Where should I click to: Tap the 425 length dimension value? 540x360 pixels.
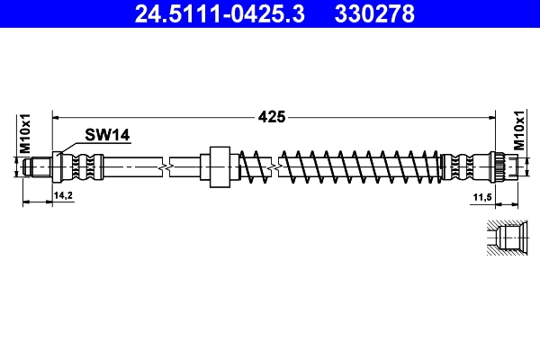[x=273, y=116]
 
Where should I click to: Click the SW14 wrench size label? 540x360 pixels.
[x=107, y=135]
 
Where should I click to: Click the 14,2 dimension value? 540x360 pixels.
[x=62, y=194]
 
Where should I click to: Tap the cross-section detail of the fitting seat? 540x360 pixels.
[x=502, y=238]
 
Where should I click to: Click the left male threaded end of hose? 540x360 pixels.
[x=38, y=166]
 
